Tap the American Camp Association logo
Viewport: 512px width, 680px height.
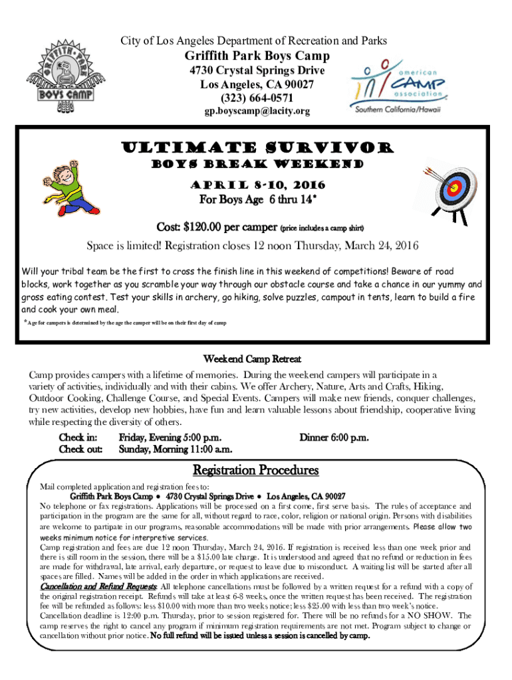(399, 86)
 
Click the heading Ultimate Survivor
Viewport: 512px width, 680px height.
(256, 147)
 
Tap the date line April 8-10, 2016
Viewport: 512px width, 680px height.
(256, 184)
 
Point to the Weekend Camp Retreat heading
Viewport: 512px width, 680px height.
(256, 359)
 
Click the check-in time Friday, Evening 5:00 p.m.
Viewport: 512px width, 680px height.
(170, 438)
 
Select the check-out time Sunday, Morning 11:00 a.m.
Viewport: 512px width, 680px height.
(175, 450)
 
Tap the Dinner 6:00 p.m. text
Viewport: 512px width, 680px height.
(334, 438)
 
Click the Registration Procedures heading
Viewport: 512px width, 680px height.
(256, 470)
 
